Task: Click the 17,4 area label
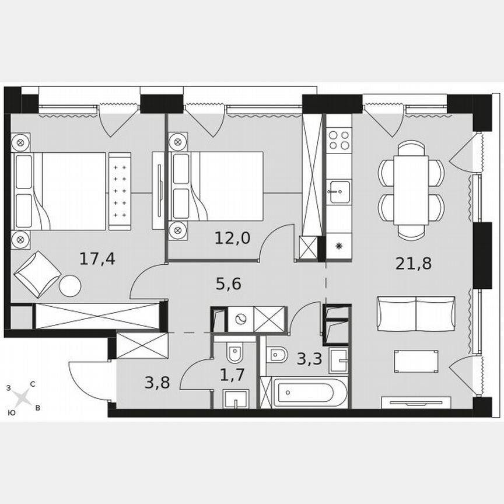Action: pos(97,258)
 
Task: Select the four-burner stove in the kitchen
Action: pos(338,140)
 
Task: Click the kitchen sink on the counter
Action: pos(338,191)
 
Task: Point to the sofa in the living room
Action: pos(416,313)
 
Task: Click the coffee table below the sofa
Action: pos(416,361)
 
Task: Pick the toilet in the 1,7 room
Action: pos(235,352)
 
